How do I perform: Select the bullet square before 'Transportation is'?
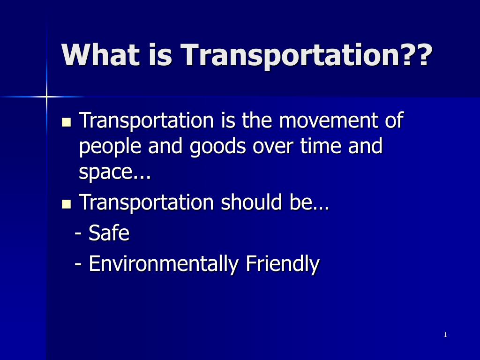[x=66, y=123]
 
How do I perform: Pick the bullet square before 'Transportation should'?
[x=66, y=204]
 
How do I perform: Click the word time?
[x=320, y=147]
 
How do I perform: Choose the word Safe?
[x=109, y=233]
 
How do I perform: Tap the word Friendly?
[x=283, y=264]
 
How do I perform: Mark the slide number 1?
[x=445, y=335]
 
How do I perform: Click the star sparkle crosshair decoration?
[x=46, y=97]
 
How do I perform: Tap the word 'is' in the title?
[x=160, y=55]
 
